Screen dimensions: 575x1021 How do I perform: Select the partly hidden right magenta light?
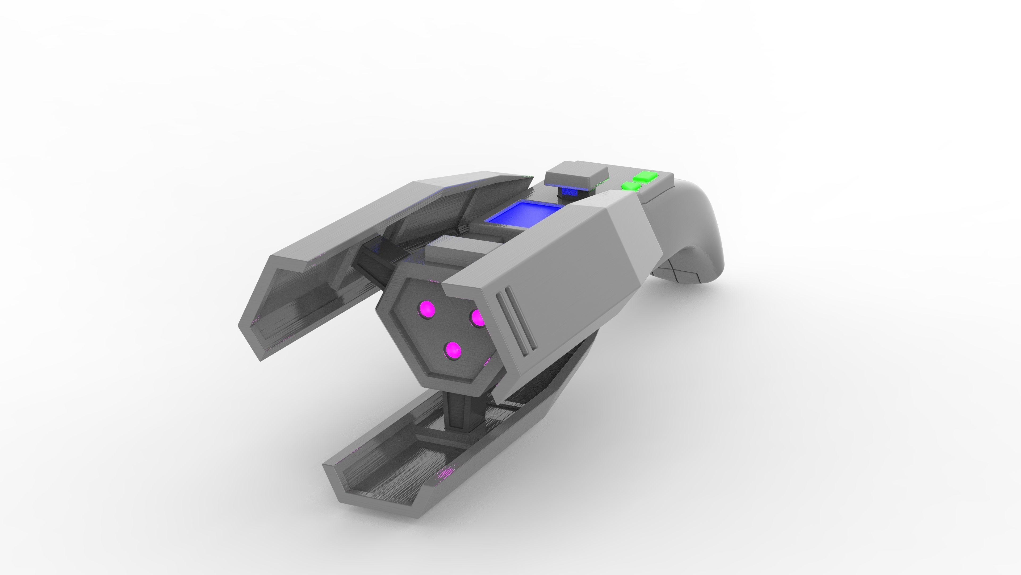[x=478, y=318]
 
